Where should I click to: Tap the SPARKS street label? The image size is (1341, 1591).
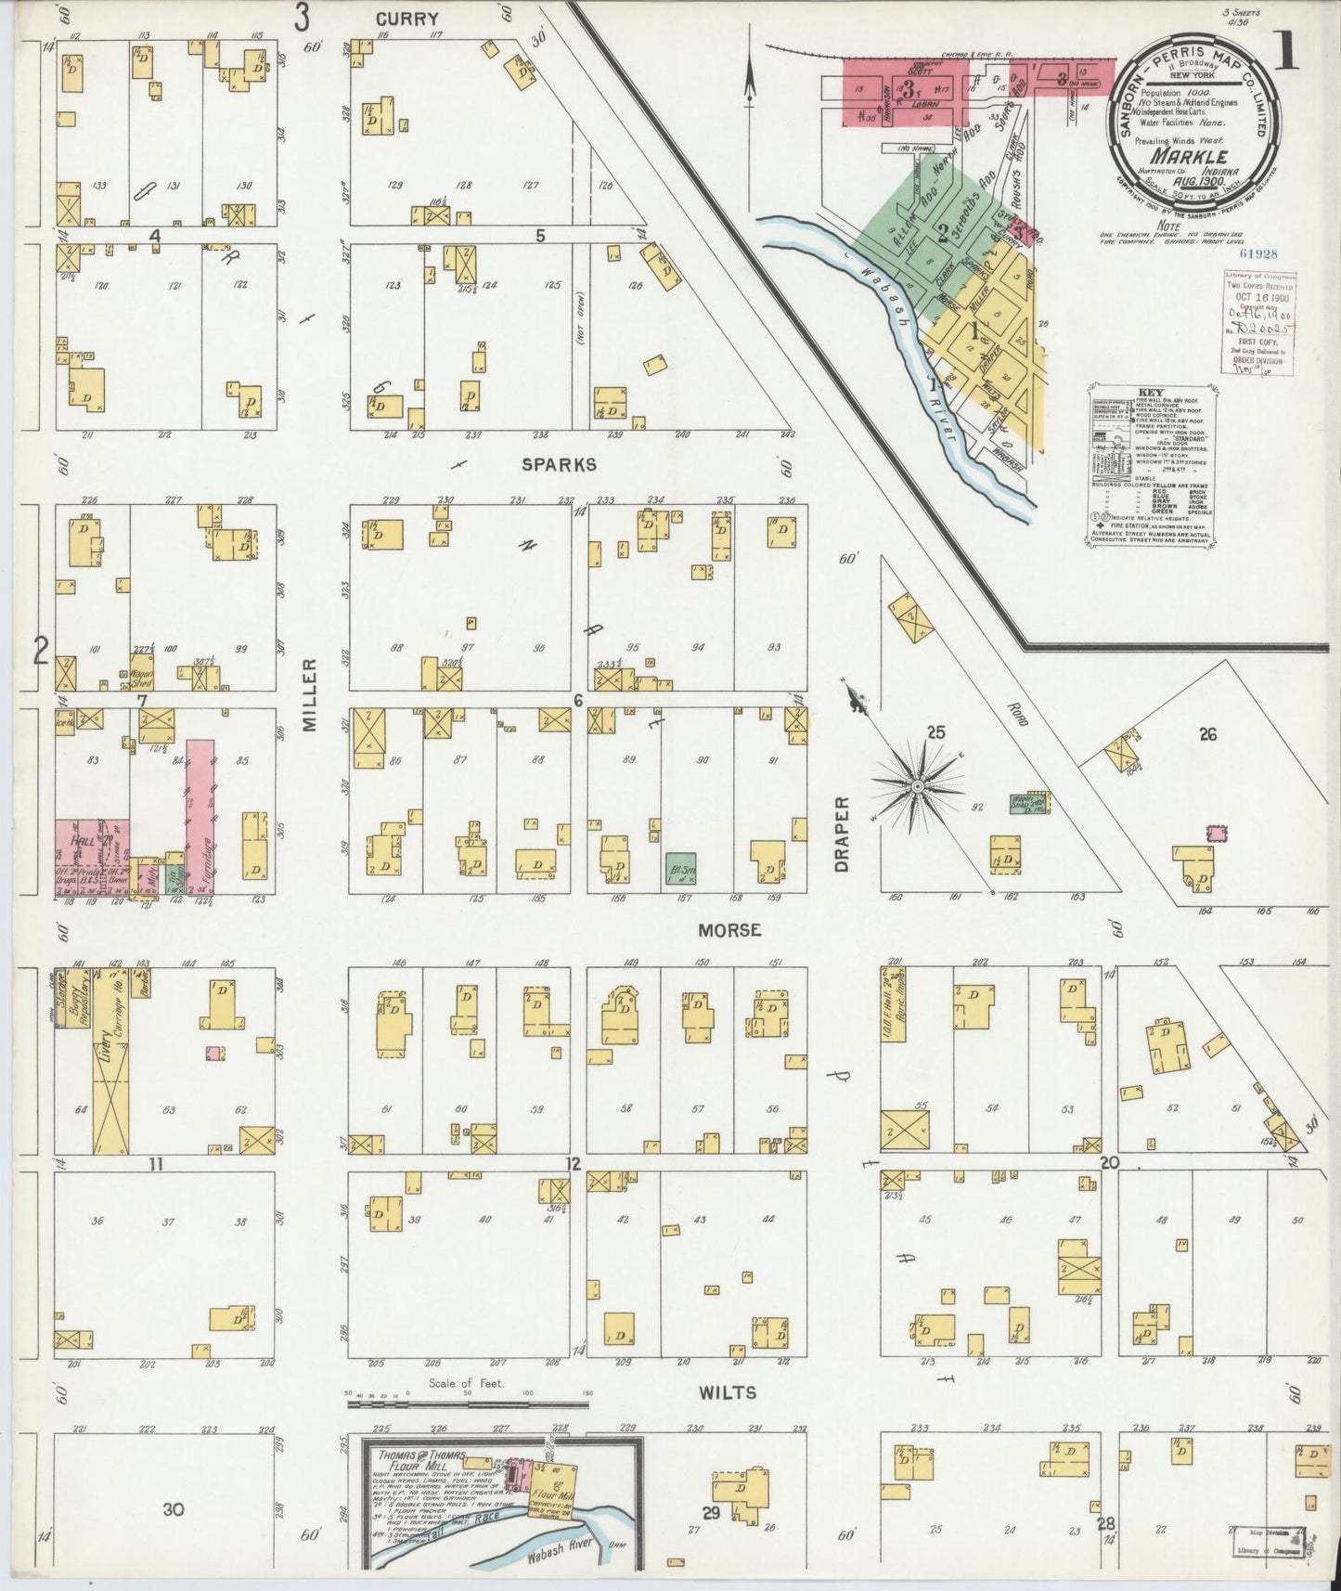[558, 465]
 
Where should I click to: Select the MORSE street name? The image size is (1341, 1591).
[729, 929]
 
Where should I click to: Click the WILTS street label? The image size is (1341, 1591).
[729, 1392]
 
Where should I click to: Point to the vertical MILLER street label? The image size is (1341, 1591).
[311, 695]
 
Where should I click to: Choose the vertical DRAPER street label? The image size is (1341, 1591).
[843, 834]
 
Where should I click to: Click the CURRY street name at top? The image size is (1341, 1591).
[406, 19]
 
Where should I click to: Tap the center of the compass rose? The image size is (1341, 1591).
[917, 787]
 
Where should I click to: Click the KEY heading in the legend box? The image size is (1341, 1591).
[1150, 393]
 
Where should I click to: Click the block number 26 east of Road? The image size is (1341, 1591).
[1206, 734]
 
